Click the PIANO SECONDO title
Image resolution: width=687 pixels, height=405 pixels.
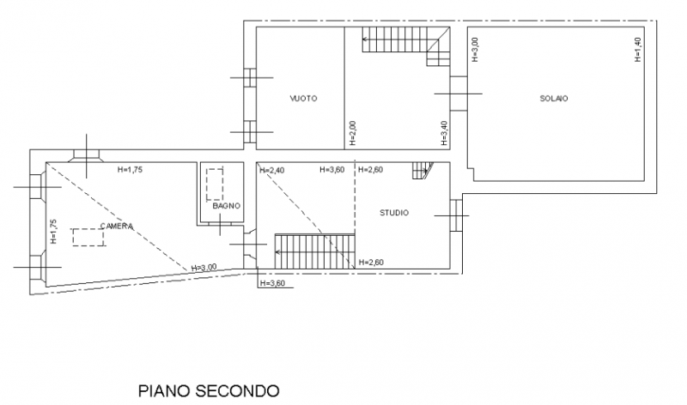[x=209, y=390]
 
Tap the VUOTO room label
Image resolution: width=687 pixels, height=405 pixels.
[x=303, y=99]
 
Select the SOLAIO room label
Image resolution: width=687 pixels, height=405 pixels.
[x=554, y=99]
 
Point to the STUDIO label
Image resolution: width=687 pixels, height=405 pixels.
[x=394, y=213]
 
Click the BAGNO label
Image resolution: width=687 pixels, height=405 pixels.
[x=227, y=206]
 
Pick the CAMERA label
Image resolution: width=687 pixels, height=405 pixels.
[x=117, y=226]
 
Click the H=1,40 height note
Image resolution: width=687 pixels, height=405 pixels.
[x=638, y=50]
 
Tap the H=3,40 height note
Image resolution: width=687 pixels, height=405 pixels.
[x=444, y=133]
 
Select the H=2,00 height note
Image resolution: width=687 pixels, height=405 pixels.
[x=353, y=133]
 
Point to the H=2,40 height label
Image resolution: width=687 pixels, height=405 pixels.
[x=272, y=170]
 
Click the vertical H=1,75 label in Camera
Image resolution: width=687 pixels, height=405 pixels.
[x=53, y=232]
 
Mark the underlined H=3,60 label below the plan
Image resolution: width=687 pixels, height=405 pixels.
[x=272, y=283]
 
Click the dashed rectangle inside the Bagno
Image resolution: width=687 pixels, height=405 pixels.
[x=215, y=184]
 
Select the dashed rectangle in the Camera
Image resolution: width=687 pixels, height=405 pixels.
[x=88, y=238]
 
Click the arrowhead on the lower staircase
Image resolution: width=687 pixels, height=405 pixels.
[x=277, y=251]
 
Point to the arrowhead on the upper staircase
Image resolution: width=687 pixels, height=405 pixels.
[x=364, y=39]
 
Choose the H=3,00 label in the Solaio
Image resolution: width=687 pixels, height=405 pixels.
[x=475, y=50]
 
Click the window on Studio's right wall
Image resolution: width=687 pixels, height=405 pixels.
[x=456, y=215]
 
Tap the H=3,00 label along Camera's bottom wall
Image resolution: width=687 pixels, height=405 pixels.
[x=204, y=268]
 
